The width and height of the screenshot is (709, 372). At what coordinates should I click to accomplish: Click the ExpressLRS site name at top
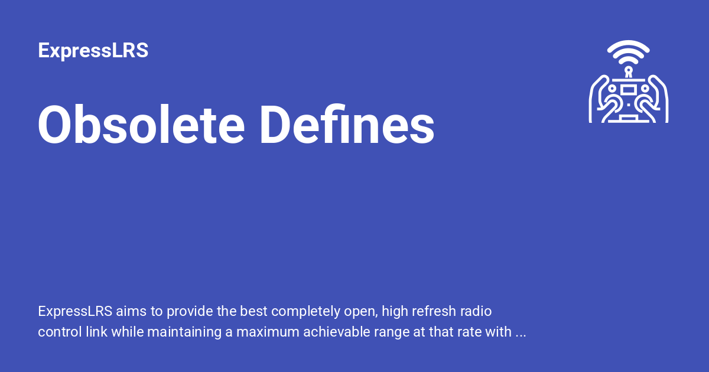[x=93, y=51]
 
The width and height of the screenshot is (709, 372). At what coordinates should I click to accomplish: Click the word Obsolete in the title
[x=141, y=125]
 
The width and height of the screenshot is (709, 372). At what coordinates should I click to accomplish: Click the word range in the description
[x=405, y=332]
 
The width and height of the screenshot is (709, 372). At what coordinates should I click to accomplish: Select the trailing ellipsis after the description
[x=521, y=333]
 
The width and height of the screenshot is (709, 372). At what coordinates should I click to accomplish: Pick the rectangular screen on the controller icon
[x=629, y=89]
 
